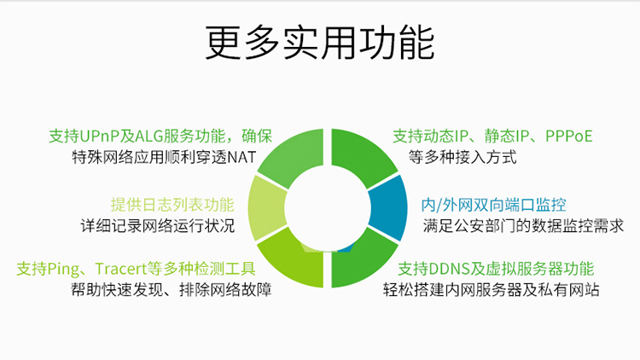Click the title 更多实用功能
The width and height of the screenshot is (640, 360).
(320, 43)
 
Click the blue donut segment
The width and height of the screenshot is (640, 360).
(389, 208)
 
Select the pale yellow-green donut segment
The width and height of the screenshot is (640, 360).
(266, 208)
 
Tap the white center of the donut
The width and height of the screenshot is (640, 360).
(328, 208)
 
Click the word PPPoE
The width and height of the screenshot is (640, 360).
(568, 136)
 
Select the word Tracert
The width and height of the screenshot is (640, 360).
(121, 269)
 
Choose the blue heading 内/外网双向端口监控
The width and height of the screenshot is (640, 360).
(493, 205)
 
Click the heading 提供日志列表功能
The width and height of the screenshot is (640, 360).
(172, 205)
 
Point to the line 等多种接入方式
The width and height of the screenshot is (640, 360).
(463, 157)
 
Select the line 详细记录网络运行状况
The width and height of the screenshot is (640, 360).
(158, 226)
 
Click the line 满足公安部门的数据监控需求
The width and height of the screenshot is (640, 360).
(523, 226)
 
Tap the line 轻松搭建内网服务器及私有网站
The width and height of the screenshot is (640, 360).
(491, 290)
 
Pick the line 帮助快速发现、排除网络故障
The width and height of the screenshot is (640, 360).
(171, 290)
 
